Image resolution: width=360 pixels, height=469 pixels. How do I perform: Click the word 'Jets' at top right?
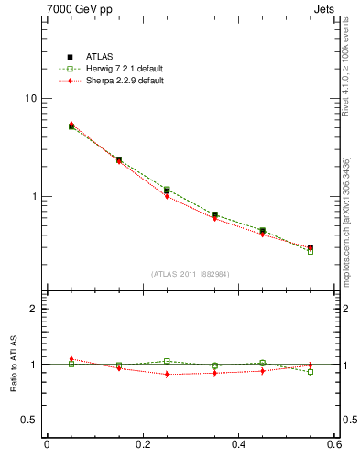[x=325, y=8]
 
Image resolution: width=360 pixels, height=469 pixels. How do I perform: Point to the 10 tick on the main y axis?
[x=30, y=99]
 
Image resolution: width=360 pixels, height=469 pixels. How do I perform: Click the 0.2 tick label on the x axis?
[x=142, y=445]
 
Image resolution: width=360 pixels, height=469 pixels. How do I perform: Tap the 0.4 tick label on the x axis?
[x=238, y=445]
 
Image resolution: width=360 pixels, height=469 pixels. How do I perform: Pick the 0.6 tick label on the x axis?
[x=333, y=445]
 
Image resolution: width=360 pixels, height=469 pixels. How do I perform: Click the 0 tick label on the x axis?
[x=47, y=445]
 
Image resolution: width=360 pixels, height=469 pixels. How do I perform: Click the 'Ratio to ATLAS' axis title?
[x=12, y=365]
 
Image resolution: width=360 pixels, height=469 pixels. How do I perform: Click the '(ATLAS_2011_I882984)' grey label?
[x=191, y=274]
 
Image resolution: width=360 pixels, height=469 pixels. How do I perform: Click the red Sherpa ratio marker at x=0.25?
[x=167, y=374]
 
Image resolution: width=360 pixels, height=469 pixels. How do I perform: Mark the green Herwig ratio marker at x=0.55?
[x=311, y=372]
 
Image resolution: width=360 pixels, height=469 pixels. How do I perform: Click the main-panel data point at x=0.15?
[x=119, y=159]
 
